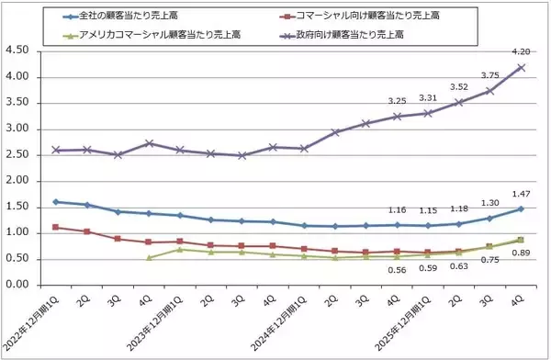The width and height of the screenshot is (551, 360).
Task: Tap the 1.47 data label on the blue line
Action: (x=521, y=194)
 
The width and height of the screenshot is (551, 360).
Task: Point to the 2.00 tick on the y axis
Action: (x=20, y=181)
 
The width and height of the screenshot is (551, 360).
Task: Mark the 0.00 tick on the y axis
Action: (x=20, y=285)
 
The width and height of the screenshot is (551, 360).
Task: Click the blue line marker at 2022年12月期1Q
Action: (x=57, y=202)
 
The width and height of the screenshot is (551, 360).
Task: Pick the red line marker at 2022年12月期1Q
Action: (x=57, y=227)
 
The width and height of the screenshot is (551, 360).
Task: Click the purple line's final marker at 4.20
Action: (x=521, y=67)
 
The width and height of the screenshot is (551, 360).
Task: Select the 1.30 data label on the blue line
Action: (x=490, y=203)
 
